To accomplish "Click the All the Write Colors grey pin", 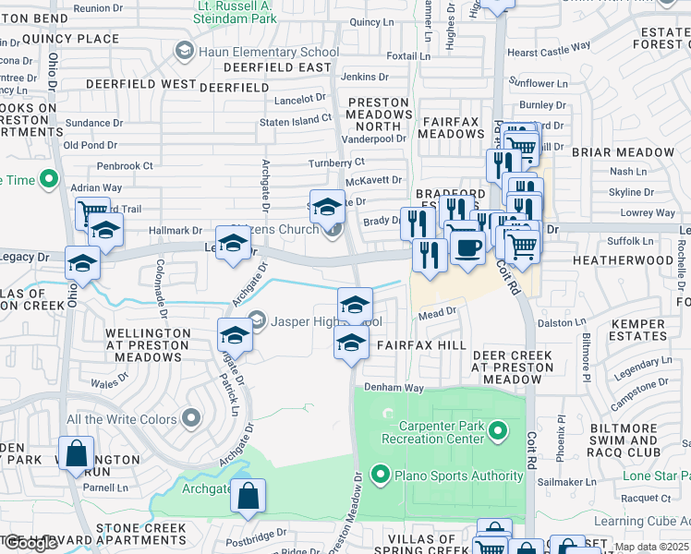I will pyautogui.click(x=191, y=419).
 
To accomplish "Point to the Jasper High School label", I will pyautogui.click(x=315, y=321).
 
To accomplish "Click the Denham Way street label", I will pyautogui.click(x=394, y=388).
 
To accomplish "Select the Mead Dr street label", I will pyautogui.click(x=438, y=313).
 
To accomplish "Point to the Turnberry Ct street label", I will pyautogui.click(x=336, y=163).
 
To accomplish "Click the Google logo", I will pyautogui.click(x=30, y=543).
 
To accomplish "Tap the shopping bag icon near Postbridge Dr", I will pyautogui.click(x=249, y=497).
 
